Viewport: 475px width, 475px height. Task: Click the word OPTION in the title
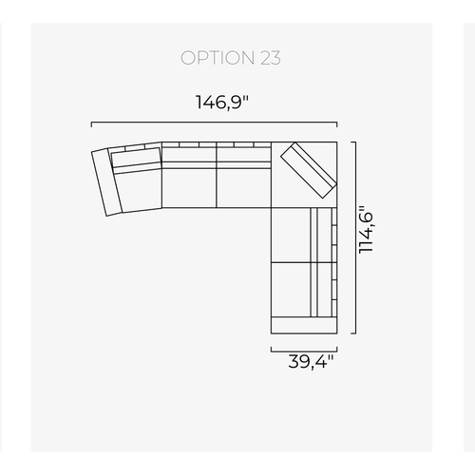click(x=218, y=58)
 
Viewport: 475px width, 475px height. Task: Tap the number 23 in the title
click(x=271, y=58)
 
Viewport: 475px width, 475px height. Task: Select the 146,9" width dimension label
click(x=222, y=103)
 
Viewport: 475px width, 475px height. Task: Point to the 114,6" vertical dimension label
click(x=366, y=229)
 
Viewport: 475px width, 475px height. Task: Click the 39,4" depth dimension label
click(x=311, y=362)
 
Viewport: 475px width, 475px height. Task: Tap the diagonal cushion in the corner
click(x=308, y=170)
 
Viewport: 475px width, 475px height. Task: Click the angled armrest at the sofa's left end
click(x=106, y=182)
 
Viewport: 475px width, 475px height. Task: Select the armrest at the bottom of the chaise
click(x=304, y=325)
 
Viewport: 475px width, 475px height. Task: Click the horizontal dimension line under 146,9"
click(x=214, y=123)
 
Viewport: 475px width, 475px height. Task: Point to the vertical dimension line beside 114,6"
click(x=355, y=237)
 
